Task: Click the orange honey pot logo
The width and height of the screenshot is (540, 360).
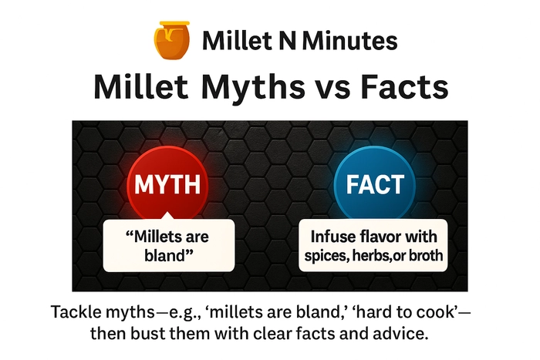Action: [x=171, y=40]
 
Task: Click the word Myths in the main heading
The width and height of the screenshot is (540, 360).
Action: [x=253, y=86]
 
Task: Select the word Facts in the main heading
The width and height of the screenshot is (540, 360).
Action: [x=404, y=86]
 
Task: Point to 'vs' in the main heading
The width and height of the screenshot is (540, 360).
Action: [x=332, y=90]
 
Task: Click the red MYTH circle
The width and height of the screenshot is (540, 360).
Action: [x=167, y=184]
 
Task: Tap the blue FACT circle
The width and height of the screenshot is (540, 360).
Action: [x=375, y=184]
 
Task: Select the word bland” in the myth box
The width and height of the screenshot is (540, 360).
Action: [x=169, y=255]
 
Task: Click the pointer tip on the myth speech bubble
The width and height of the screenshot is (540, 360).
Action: [x=167, y=212]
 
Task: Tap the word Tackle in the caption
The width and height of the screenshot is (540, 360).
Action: [x=76, y=311]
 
